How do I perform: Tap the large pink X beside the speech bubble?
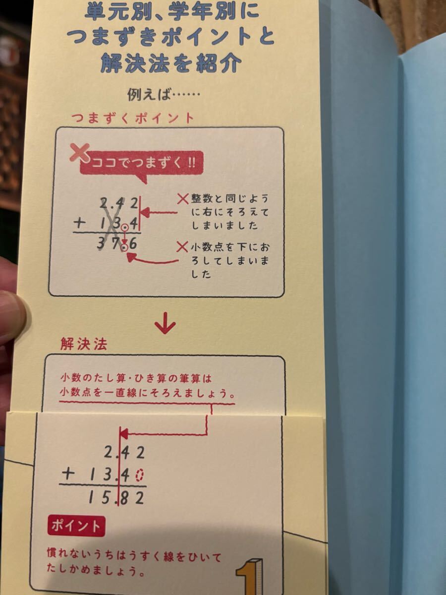80,153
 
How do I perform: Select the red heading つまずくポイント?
133,119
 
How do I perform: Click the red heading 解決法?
84,344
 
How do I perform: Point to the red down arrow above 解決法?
165,324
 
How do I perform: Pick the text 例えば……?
164,95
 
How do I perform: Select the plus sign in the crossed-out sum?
80,223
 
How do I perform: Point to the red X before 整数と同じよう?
183,199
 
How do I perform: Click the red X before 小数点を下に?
182,247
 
